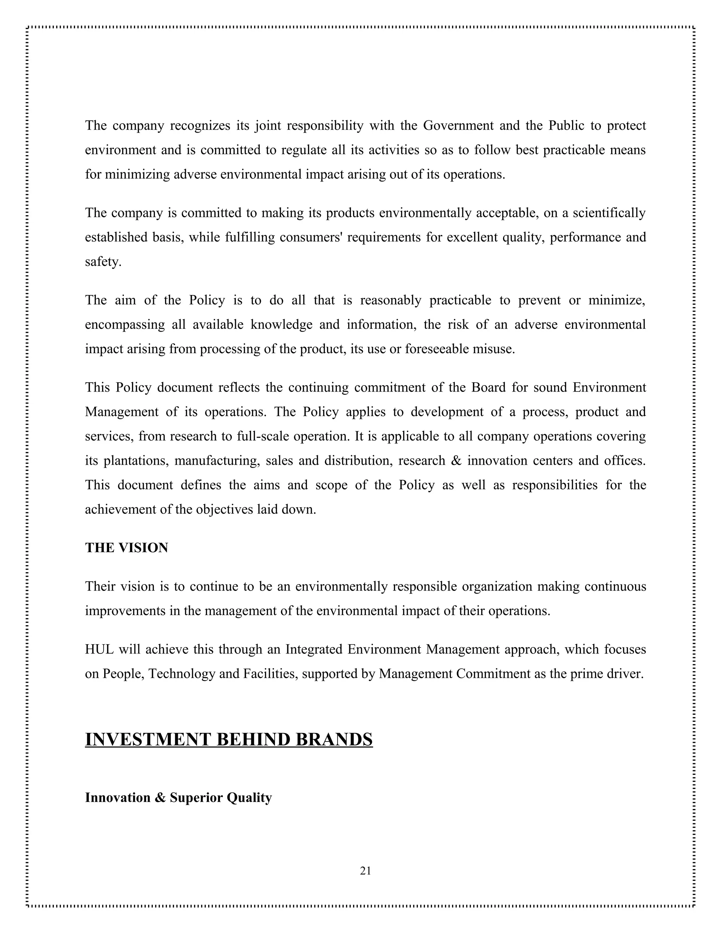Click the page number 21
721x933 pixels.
pos(365,871)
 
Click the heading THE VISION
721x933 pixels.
pos(126,548)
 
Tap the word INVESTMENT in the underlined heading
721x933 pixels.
pos(148,739)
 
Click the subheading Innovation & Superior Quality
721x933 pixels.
pos(178,797)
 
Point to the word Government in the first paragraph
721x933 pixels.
pos(454,126)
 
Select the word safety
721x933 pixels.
pos(103,262)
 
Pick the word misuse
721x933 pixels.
pos(497,349)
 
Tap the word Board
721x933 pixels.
pos(488,388)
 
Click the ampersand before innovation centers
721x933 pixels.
pos(456,461)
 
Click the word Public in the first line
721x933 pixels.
pos(566,126)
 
